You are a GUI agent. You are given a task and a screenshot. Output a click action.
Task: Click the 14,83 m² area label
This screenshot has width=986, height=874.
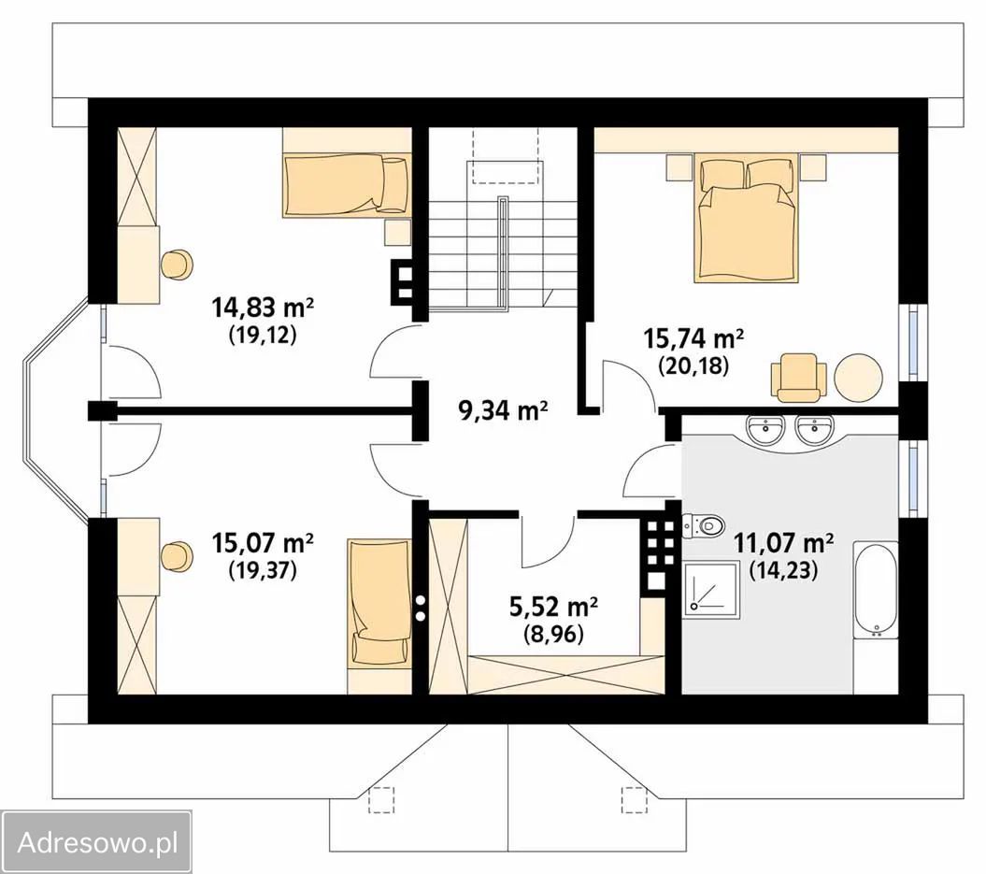point(263,308)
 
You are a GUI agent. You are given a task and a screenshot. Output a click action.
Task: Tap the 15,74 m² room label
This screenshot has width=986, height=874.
point(693,338)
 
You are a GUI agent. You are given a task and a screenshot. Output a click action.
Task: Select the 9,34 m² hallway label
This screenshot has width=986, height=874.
point(503,411)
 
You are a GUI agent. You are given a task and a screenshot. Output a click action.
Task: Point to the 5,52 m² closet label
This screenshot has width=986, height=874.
point(553,607)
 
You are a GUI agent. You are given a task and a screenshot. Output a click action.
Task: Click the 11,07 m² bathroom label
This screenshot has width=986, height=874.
point(784,543)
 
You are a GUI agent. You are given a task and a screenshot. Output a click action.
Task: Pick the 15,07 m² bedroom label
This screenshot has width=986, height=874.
point(263,543)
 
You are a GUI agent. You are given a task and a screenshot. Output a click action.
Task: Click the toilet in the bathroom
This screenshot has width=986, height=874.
point(703,524)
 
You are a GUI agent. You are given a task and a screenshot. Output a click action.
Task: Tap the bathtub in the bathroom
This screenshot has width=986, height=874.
point(876,590)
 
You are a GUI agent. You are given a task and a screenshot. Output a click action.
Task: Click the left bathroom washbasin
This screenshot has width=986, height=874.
point(765,429)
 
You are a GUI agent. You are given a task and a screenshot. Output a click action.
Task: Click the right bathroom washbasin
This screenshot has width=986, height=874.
point(815,429)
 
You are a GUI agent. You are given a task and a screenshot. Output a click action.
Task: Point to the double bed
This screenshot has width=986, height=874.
point(747,219)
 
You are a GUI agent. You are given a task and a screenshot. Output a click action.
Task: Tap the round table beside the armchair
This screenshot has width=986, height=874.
point(858,378)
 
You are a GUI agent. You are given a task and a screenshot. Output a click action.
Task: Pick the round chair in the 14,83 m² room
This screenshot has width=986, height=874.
point(177,265)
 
